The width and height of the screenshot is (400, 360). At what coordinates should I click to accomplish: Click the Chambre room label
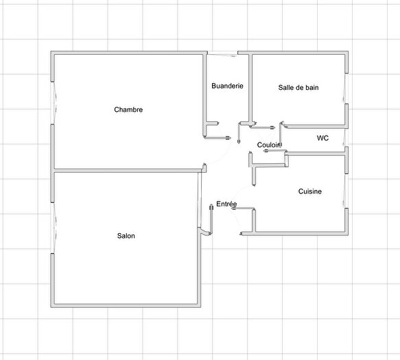pos(128,110)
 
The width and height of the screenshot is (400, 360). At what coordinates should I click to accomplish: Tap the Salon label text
pos(126,236)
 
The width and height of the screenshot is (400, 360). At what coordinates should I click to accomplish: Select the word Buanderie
pos(227,86)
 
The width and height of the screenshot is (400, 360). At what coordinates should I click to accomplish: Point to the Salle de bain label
pos(298,87)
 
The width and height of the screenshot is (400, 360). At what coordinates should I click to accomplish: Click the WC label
pos(322,138)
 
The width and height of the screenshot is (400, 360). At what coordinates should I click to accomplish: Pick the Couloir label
pos(269,145)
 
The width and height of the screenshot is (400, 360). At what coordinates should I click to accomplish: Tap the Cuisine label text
pos(310,191)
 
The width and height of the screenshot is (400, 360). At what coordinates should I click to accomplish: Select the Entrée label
pos(226,204)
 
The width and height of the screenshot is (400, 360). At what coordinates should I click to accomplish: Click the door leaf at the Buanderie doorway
pos(221,139)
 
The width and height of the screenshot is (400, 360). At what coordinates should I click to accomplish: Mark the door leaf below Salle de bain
pos(265,127)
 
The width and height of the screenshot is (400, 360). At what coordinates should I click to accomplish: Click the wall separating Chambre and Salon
pos(128,170)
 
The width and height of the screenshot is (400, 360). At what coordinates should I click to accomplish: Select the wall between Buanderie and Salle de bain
pos(250,89)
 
